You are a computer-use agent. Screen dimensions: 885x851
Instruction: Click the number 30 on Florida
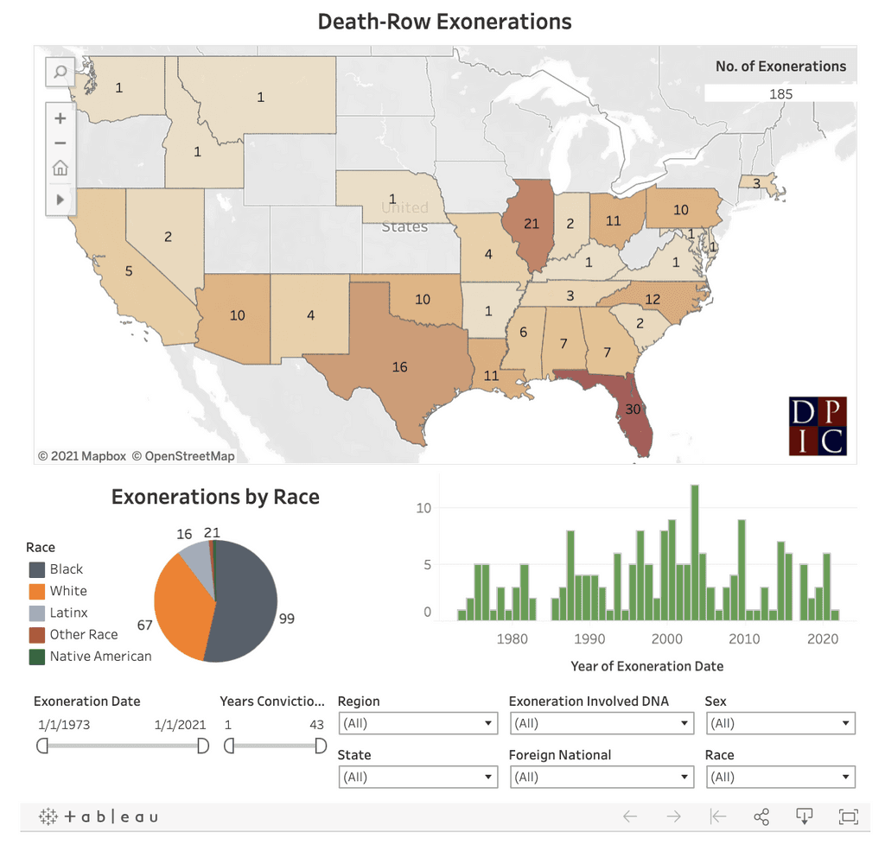(633, 409)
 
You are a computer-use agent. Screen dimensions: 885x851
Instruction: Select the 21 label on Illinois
(531, 224)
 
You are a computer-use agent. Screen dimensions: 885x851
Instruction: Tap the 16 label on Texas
(399, 367)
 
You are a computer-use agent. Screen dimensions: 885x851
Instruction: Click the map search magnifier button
(60, 72)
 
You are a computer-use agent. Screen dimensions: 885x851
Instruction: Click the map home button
(60, 168)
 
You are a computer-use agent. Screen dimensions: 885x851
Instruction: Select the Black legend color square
(36, 569)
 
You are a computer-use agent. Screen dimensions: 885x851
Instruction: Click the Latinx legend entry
(68, 613)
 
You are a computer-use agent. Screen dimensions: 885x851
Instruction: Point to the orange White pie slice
(181, 605)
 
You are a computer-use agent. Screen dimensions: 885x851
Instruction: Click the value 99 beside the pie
(287, 619)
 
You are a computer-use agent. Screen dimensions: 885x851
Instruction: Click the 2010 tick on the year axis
(744, 639)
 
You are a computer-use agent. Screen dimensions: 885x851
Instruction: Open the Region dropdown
(417, 723)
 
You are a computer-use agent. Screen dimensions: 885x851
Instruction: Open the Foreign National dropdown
(601, 777)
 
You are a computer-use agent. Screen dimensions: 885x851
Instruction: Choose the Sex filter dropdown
(780, 723)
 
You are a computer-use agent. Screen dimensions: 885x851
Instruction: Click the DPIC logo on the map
(818, 426)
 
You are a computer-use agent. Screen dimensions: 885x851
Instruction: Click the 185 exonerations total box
(780, 93)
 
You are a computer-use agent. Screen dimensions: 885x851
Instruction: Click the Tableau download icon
(805, 816)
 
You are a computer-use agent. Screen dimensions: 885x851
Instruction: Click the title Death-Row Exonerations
(444, 22)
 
